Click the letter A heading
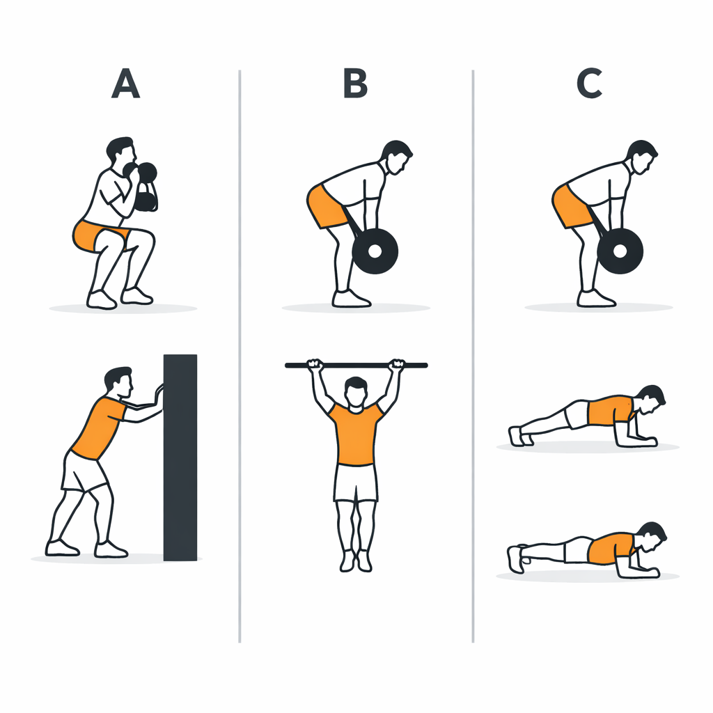point(125,84)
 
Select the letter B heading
point(355,84)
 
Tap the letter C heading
point(590,84)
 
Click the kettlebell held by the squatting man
point(146,187)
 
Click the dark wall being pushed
point(180,457)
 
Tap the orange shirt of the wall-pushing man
point(99,428)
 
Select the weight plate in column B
point(375,251)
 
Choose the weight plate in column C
point(620,251)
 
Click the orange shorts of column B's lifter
point(327,207)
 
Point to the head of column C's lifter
point(641,157)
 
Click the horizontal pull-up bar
point(356,365)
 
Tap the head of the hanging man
point(356,392)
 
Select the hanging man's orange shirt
point(356,434)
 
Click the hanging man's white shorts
point(356,483)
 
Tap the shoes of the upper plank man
point(521,437)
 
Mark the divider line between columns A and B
point(240,356)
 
